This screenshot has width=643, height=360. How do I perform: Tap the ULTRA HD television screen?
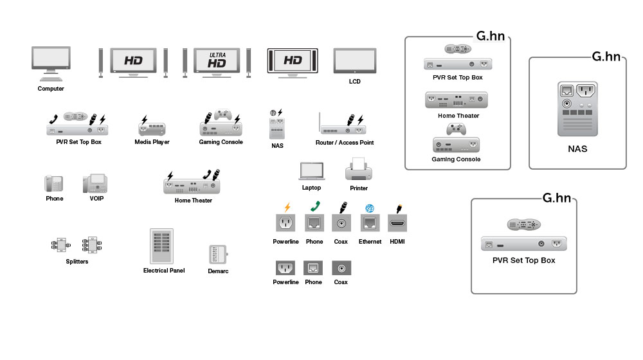click(x=217, y=62)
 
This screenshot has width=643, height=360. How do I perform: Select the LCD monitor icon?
click(x=354, y=62)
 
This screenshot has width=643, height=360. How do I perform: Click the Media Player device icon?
click(x=152, y=127)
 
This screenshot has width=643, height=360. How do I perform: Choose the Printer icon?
click(x=358, y=171)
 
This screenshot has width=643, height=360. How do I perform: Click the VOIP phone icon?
click(x=96, y=183)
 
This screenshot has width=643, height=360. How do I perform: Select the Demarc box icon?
click(x=218, y=255)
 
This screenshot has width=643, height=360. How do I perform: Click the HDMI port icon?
click(x=399, y=223)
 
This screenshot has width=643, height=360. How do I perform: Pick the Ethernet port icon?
click(x=370, y=223)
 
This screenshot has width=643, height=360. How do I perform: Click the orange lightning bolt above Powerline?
click(x=287, y=207)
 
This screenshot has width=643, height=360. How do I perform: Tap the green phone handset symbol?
click(x=314, y=207)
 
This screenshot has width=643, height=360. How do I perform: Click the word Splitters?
click(x=77, y=262)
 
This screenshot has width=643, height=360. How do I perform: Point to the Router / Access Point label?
click(x=345, y=143)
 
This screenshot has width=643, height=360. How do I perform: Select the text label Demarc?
click(x=219, y=271)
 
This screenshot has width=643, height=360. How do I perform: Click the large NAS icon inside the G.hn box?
click(x=577, y=109)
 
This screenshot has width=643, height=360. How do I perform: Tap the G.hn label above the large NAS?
click(x=606, y=57)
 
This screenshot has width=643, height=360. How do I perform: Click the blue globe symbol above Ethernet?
click(x=370, y=208)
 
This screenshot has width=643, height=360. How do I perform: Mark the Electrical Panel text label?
click(x=164, y=271)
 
